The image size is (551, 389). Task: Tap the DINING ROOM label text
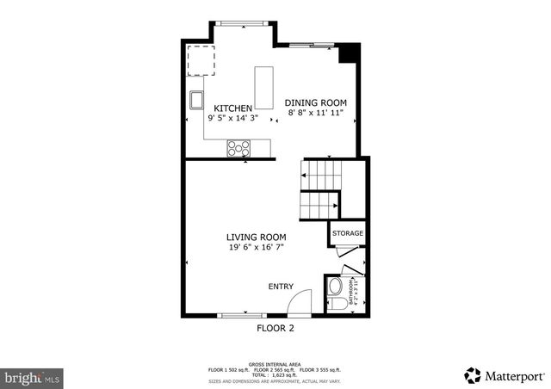(317, 102)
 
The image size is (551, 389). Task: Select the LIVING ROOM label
(256, 237)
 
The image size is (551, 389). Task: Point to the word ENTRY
(281, 287)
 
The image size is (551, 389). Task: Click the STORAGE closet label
(348, 233)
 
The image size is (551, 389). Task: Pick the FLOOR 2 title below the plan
(275, 329)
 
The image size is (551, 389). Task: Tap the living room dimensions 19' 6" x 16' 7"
(256, 247)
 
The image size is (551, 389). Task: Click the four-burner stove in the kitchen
(236, 149)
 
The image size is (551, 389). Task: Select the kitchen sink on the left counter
(197, 101)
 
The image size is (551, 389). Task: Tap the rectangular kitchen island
(263, 84)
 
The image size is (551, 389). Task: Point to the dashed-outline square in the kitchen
(201, 59)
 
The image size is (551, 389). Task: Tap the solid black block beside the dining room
(348, 52)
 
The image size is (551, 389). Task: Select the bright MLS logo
(33, 377)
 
